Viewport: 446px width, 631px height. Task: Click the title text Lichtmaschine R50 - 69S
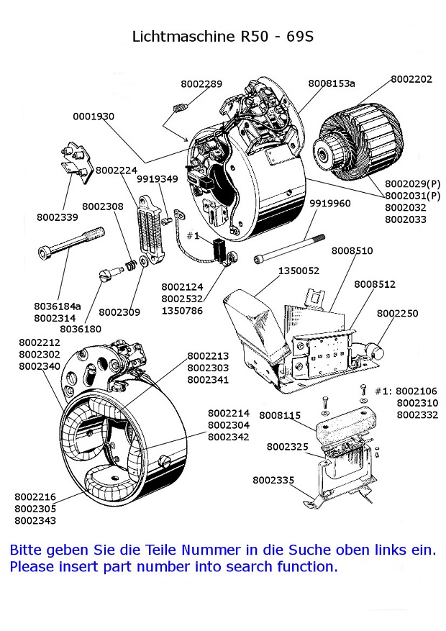click(222, 36)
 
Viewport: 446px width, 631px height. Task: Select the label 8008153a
click(332, 83)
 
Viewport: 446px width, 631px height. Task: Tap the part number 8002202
click(411, 79)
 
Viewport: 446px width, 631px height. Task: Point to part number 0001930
click(94, 116)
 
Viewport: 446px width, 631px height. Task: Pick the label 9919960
click(330, 204)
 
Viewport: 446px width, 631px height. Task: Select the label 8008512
click(375, 284)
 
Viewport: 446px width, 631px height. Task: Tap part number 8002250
click(398, 314)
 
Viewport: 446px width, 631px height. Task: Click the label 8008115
click(280, 415)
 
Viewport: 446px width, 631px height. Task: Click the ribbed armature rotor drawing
click(356, 140)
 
